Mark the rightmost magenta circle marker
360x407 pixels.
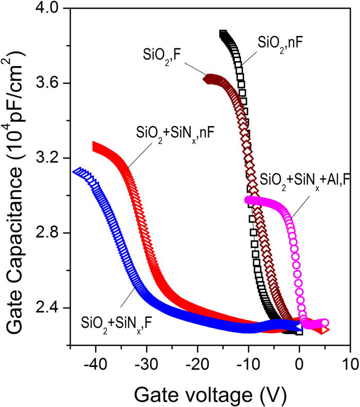tap(325, 323)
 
